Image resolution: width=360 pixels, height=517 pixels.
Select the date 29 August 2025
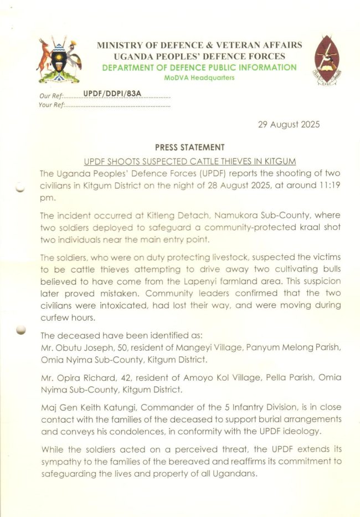click(289, 125)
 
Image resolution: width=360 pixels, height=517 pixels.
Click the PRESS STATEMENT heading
click(190, 147)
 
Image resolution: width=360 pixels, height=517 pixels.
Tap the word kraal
click(254, 228)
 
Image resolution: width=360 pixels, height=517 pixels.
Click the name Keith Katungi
click(103, 408)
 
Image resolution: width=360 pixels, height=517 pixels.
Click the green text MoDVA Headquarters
click(199, 78)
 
